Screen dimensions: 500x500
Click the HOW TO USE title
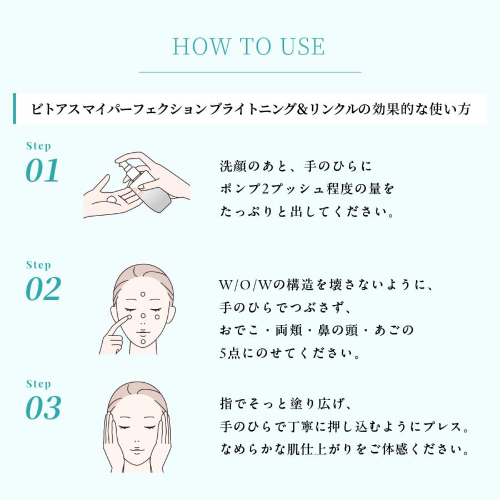(x=249, y=47)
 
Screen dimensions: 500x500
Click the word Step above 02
(x=38, y=265)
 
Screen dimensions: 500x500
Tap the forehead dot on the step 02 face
(x=143, y=294)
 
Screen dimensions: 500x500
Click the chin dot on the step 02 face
(x=143, y=343)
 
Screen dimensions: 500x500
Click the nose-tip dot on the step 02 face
(x=143, y=316)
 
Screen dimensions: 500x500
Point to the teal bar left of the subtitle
(x=14, y=108)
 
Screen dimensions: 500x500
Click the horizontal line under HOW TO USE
(x=249, y=72)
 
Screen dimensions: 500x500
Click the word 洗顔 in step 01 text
(x=231, y=166)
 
